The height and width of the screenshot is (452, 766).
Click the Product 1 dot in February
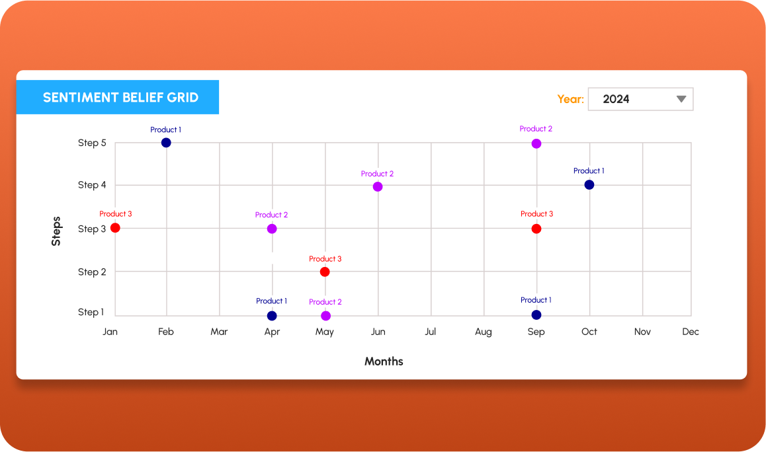click(x=166, y=143)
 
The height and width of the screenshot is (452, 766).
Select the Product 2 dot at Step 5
click(x=536, y=143)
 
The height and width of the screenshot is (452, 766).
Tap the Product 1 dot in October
click(x=589, y=184)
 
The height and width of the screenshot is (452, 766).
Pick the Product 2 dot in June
click(x=378, y=186)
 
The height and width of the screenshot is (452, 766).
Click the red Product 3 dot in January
click(x=115, y=228)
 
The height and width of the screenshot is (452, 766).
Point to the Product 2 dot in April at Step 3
click(x=271, y=229)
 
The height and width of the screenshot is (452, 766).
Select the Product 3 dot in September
click(x=536, y=229)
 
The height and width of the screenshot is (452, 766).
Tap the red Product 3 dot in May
click(x=324, y=272)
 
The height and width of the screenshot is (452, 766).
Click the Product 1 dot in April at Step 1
click(x=271, y=315)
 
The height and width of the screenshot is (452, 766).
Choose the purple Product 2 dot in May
click(x=325, y=315)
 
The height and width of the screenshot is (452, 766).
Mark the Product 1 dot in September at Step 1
click(x=536, y=315)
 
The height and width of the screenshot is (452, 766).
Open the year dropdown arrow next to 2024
click(x=681, y=99)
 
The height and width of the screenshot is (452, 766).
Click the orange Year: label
click(x=570, y=99)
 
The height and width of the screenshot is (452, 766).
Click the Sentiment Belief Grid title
click(x=120, y=97)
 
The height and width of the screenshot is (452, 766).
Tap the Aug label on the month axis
click(x=483, y=332)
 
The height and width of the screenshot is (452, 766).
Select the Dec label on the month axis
click(x=690, y=332)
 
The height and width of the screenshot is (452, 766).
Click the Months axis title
click(x=384, y=361)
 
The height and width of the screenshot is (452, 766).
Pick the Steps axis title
click(x=56, y=231)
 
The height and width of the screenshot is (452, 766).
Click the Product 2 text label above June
click(x=377, y=174)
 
